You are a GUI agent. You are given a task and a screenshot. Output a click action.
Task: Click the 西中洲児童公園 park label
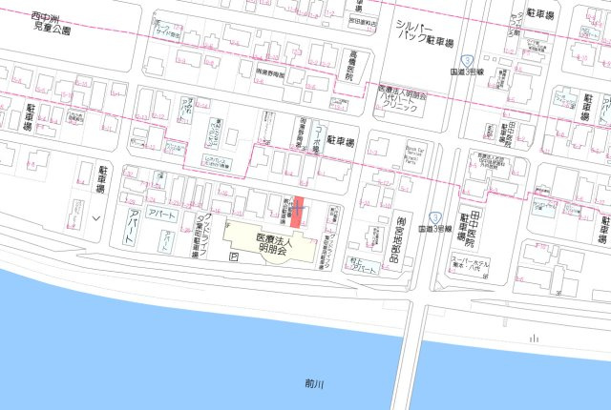tap(51, 24)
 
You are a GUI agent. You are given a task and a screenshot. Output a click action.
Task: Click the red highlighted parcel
tap(298, 212)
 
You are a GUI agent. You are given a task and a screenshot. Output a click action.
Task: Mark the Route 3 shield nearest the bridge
tap(434, 217)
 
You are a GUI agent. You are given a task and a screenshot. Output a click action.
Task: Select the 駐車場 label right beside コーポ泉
tap(341, 141)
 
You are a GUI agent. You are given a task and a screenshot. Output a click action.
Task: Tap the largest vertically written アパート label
tap(133, 224)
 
